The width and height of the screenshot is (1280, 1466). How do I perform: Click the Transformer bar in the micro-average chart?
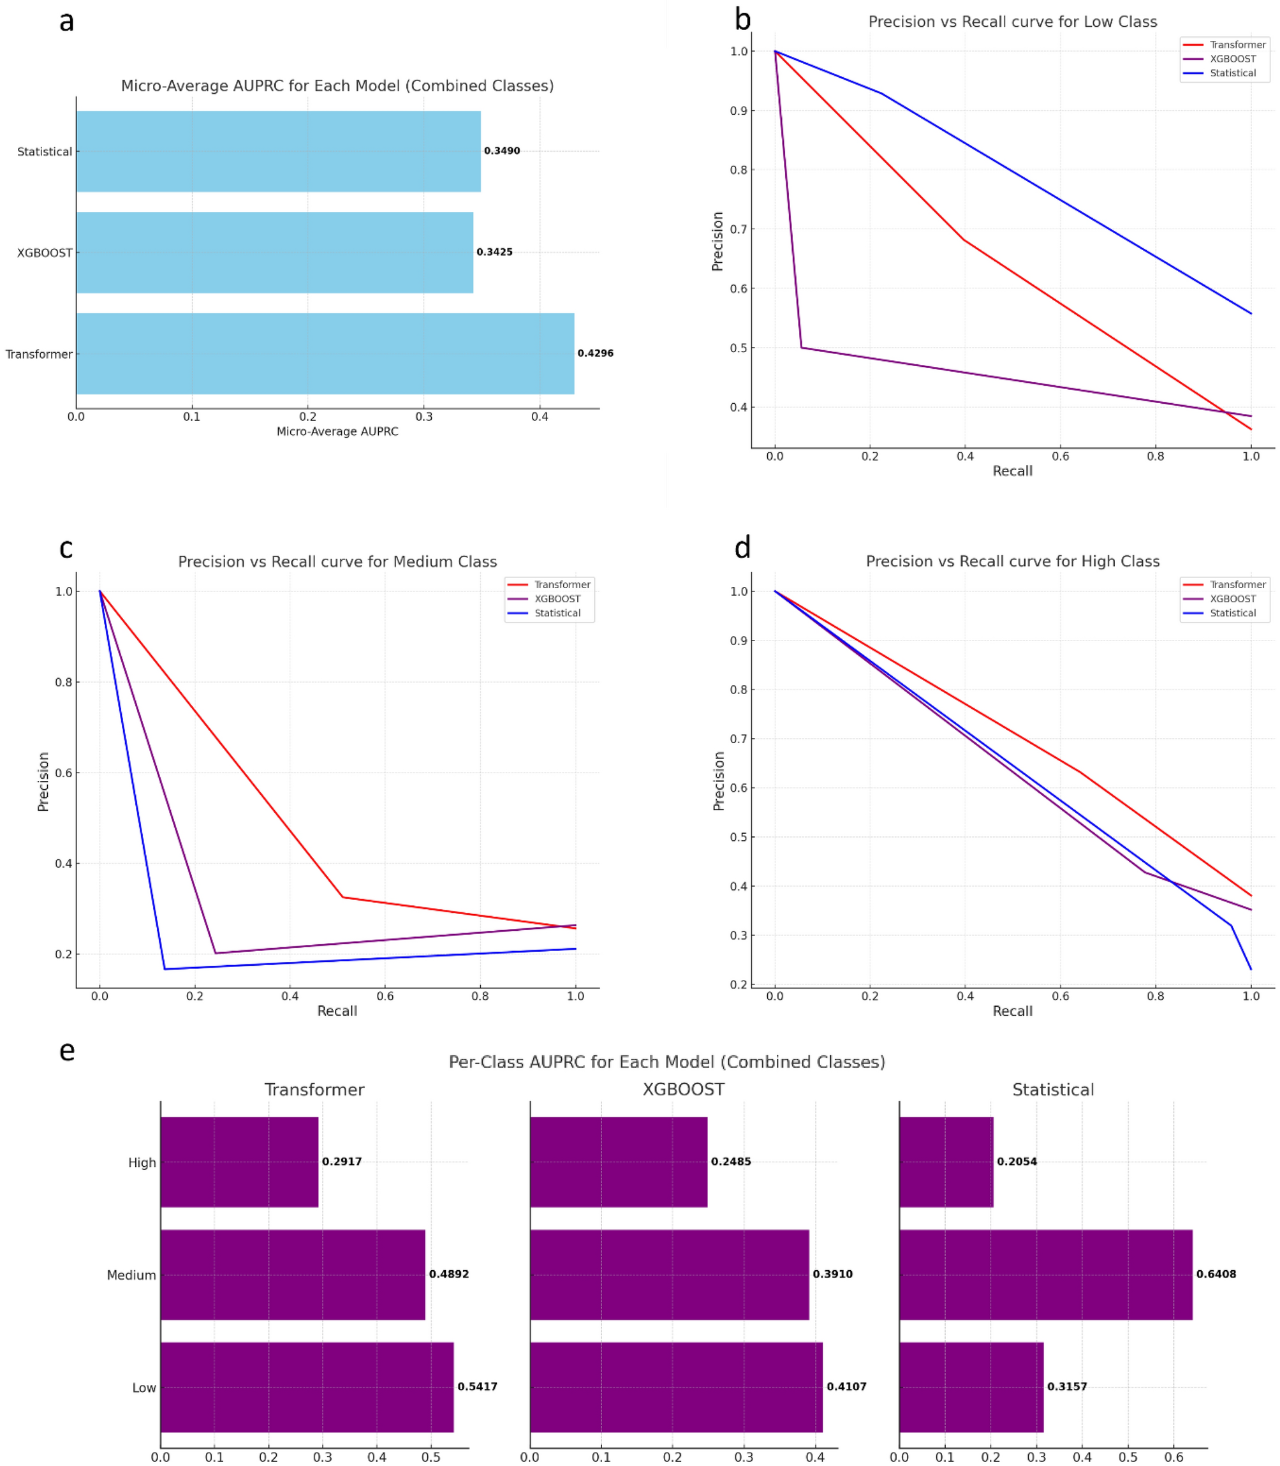[325, 353]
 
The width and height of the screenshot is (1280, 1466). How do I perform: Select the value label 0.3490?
[502, 151]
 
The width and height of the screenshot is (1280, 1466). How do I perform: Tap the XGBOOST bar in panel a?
[274, 252]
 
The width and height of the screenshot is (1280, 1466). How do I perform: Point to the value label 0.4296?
[595, 353]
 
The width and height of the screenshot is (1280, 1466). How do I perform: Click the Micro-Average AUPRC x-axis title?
[337, 431]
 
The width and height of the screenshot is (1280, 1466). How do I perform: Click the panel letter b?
[743, 20]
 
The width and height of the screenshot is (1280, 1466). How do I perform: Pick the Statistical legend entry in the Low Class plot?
[1232, 73]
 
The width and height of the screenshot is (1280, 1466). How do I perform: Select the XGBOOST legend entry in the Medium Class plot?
[557, 598]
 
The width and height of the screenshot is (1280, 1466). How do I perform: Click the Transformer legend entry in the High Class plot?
[1237, 584]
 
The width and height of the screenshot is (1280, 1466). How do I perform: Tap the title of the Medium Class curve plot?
[337, 561]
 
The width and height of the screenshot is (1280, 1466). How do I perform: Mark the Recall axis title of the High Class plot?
[1012, 1011]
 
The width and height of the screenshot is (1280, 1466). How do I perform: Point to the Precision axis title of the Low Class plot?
[717, 242]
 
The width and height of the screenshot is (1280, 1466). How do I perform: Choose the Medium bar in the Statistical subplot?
[1046, 1275]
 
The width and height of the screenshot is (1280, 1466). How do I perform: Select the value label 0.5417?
[477, 1387]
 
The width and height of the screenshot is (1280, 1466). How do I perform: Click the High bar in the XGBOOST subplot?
[619, 1162]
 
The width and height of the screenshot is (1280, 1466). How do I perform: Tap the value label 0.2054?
[1017, 1162]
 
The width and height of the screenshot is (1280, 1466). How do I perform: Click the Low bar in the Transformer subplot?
[307, 1388]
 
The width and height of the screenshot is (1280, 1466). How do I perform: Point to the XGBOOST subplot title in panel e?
[683, 1090]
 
